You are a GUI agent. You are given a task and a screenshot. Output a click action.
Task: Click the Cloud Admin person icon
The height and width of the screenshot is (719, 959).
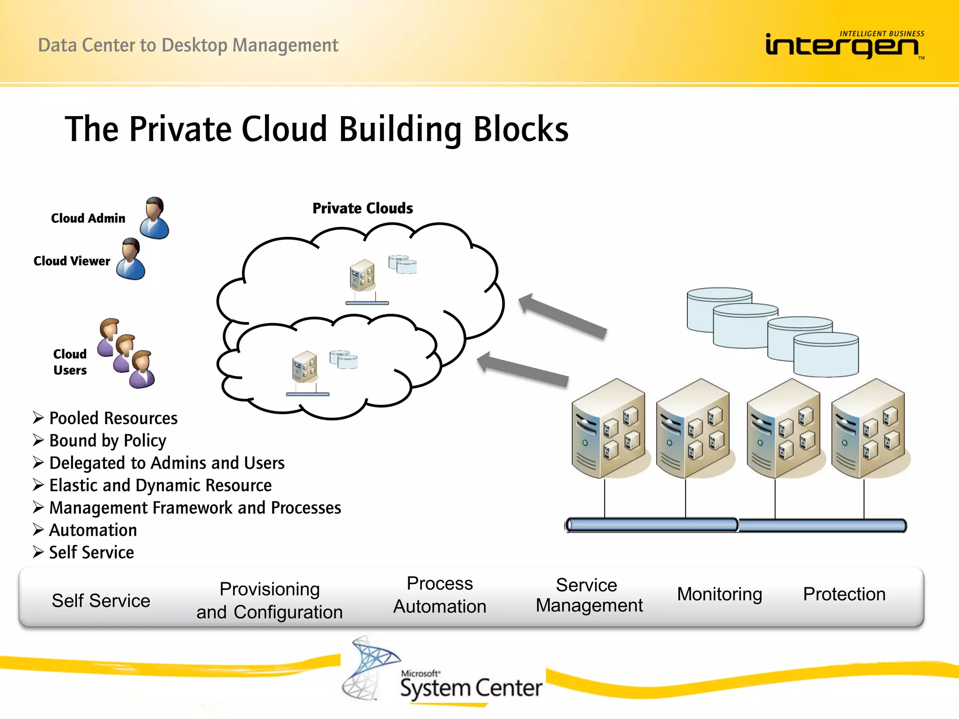(x=155, y=219)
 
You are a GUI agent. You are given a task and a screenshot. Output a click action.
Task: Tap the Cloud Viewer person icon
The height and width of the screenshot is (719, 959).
(x=131, y=260)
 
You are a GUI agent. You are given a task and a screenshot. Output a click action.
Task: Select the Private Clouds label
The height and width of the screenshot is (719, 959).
(x=362, y=208)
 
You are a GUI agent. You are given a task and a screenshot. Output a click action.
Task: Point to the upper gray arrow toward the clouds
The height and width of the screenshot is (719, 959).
(x=562, y=315)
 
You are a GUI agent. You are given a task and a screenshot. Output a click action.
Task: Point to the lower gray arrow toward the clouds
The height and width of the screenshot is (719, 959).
(x=522, y=369)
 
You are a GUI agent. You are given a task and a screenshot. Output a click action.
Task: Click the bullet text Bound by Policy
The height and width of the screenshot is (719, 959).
(x=108, y=441)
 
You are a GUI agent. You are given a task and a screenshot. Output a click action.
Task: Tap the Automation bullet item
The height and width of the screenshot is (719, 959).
(x=93, y=530)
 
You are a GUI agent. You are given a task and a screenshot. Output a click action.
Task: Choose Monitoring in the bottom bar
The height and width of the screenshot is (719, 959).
(x=719, y=594)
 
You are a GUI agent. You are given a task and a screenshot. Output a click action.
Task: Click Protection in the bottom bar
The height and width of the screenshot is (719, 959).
(x=844, y=594)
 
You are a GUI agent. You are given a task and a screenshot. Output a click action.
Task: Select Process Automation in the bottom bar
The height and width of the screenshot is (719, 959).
(x=440, y=595)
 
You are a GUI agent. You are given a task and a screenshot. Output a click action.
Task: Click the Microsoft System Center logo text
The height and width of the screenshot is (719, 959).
(x=471, y=687)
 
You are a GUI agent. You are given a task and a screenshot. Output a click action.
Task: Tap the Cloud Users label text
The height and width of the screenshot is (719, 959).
(x=70, y=362)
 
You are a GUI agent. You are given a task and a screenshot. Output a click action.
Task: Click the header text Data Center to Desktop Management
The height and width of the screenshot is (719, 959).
(x=188, y=45)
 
